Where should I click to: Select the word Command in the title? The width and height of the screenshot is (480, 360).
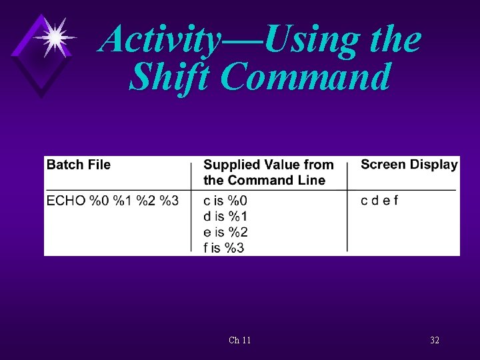click(305, 77)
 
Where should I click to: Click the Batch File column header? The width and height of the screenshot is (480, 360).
click(78, 165)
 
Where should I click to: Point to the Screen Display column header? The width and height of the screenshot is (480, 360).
click(409, 165)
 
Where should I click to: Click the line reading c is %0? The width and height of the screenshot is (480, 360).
click(225, 200)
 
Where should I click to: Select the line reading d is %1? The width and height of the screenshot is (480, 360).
click(225, 216)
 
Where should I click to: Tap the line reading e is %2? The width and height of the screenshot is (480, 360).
click(225, 232)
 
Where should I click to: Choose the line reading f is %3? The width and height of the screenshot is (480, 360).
click(224, 248)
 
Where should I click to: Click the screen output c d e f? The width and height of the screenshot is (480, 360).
click(379, 200)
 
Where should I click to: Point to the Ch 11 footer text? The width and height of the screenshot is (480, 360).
click(239, 341)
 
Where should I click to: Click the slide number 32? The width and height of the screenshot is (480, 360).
click(435, 341)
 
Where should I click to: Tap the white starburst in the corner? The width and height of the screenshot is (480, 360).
click(55, 36)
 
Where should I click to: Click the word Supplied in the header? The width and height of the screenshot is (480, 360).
click(231, 165)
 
